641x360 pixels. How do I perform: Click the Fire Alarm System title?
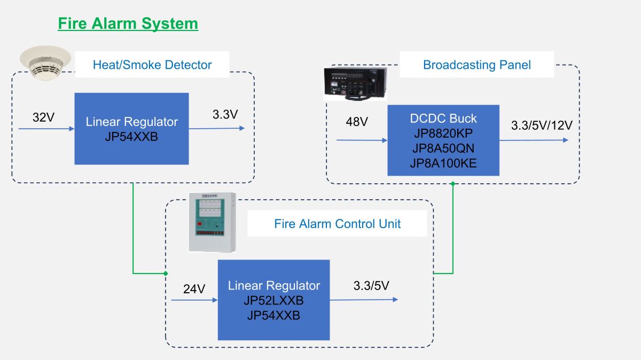(x=128, y=24)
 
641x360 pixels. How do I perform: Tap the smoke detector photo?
(x=45, y=63)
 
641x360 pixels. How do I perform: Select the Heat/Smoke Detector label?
(x=152, y=65)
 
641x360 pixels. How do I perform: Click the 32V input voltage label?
(x=43, y=118)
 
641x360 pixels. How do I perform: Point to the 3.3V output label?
(x=225, y=114)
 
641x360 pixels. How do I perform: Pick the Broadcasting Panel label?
(x=476, y=65)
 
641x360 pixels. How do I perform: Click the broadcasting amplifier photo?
(x=355, y=84)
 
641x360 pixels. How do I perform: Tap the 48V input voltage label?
(x=357, y=122)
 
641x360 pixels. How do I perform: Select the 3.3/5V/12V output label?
(x=542, y=126)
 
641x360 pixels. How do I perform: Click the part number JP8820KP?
(x=443, y=134)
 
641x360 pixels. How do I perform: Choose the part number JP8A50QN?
(x=443, y=148)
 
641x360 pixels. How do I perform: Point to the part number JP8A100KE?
(x=443, y=163)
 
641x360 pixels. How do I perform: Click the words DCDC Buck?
(x=443, y=119)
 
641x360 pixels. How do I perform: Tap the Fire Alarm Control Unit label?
(x=338, y=224)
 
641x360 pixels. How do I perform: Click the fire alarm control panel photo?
(x=212, y=222)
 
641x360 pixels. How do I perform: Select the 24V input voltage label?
(x=194, y=289)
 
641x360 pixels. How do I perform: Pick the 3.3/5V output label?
(x=371, y=286)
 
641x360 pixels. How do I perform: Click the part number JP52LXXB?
(x=273, y=301)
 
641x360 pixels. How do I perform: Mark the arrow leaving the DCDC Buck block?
(x=534, y=140)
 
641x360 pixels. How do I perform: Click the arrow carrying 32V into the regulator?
(x=46, y=129)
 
